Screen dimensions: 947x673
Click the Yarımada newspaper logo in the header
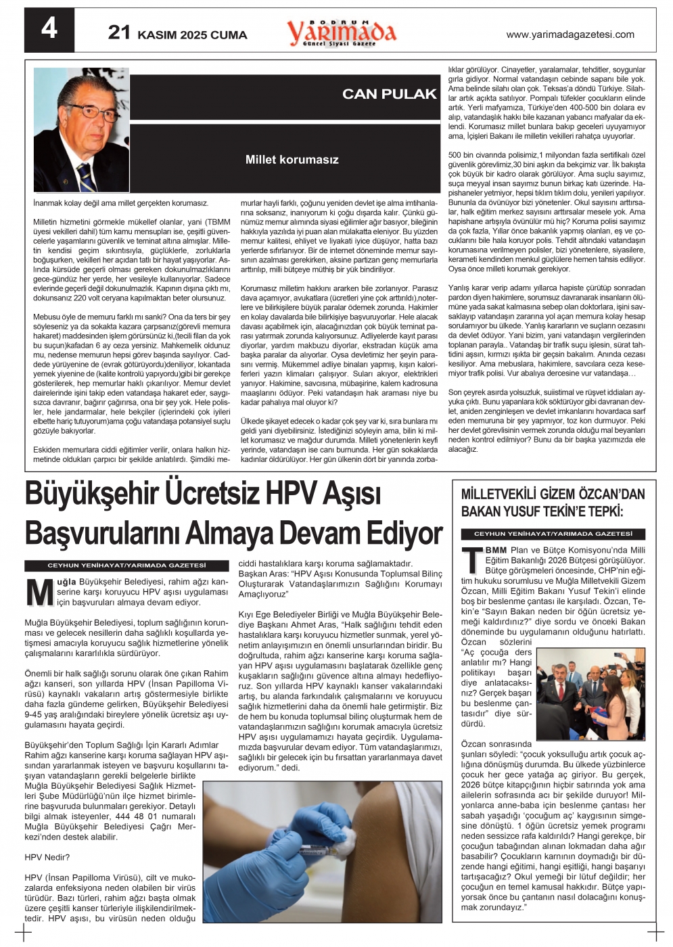(342, 32)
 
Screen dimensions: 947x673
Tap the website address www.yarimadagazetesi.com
(570, 34)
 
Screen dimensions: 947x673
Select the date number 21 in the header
(119, 32)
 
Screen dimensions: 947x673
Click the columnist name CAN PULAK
(389, 94)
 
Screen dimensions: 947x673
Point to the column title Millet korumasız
(292, 160)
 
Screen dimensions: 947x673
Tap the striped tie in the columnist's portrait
(86, 177)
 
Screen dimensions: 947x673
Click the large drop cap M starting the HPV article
(39, 593)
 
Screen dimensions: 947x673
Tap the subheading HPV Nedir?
(47, 857)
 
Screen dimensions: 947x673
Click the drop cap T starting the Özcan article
(472, 560)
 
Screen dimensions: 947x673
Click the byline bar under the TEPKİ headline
(553, 534)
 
